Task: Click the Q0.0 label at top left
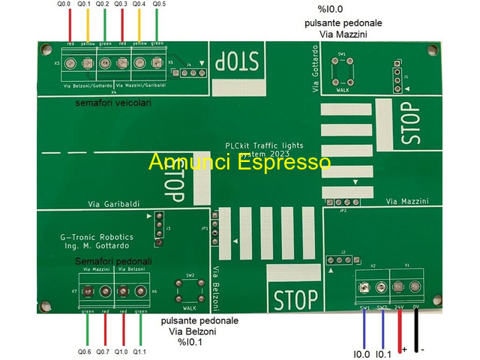point(64,4)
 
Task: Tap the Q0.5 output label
point(159,4)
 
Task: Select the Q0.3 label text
point(121,4)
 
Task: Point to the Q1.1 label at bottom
point(139,351)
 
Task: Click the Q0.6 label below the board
point(85,351)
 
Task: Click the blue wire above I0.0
point(364,326)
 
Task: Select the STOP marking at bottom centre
point(296,301)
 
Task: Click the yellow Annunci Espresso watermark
point(239,162)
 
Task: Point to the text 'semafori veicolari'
point(113,103)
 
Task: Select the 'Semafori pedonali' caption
point(113,261)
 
